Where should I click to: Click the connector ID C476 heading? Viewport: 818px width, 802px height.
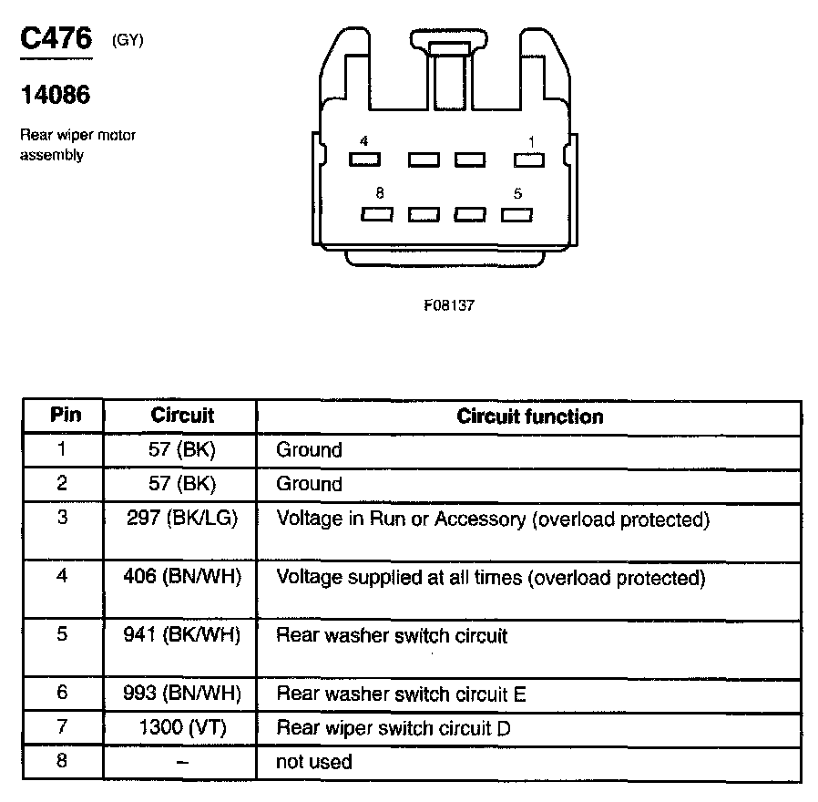pos(56,39)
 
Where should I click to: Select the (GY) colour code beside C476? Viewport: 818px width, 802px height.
pos(128,40)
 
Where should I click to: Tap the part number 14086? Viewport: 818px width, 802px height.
pos(55,95)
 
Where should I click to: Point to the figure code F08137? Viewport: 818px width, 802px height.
pos(449,306)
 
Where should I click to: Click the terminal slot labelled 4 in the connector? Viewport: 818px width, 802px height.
pos(364,159)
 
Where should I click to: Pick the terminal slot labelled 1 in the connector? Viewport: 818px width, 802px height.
pos(529,159)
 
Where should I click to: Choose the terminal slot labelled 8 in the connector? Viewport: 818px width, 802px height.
pos(377,215)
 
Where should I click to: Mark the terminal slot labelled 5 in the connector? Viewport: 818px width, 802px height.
pos(516,215)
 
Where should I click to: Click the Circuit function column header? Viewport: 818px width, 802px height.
pos(529,416)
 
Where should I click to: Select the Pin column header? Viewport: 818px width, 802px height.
pos(65,416)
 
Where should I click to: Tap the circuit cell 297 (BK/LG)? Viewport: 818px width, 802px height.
pos(182,519)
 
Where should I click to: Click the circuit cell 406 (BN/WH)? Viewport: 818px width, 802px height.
pos(182,578)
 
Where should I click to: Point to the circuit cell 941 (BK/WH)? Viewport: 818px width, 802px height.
pos(182,635)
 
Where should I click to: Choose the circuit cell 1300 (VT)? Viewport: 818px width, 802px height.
pos(182,728)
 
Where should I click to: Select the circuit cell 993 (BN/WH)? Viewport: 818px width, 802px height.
pos(182,694)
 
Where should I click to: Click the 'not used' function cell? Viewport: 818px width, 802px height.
pos(313,761)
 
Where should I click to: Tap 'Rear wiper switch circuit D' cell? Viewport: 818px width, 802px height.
pos(393,728)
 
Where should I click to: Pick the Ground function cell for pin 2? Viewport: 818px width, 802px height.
pos(309,484)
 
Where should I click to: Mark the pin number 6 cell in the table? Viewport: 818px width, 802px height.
pos(62,694)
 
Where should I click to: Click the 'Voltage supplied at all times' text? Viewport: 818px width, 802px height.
pos(490,578)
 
